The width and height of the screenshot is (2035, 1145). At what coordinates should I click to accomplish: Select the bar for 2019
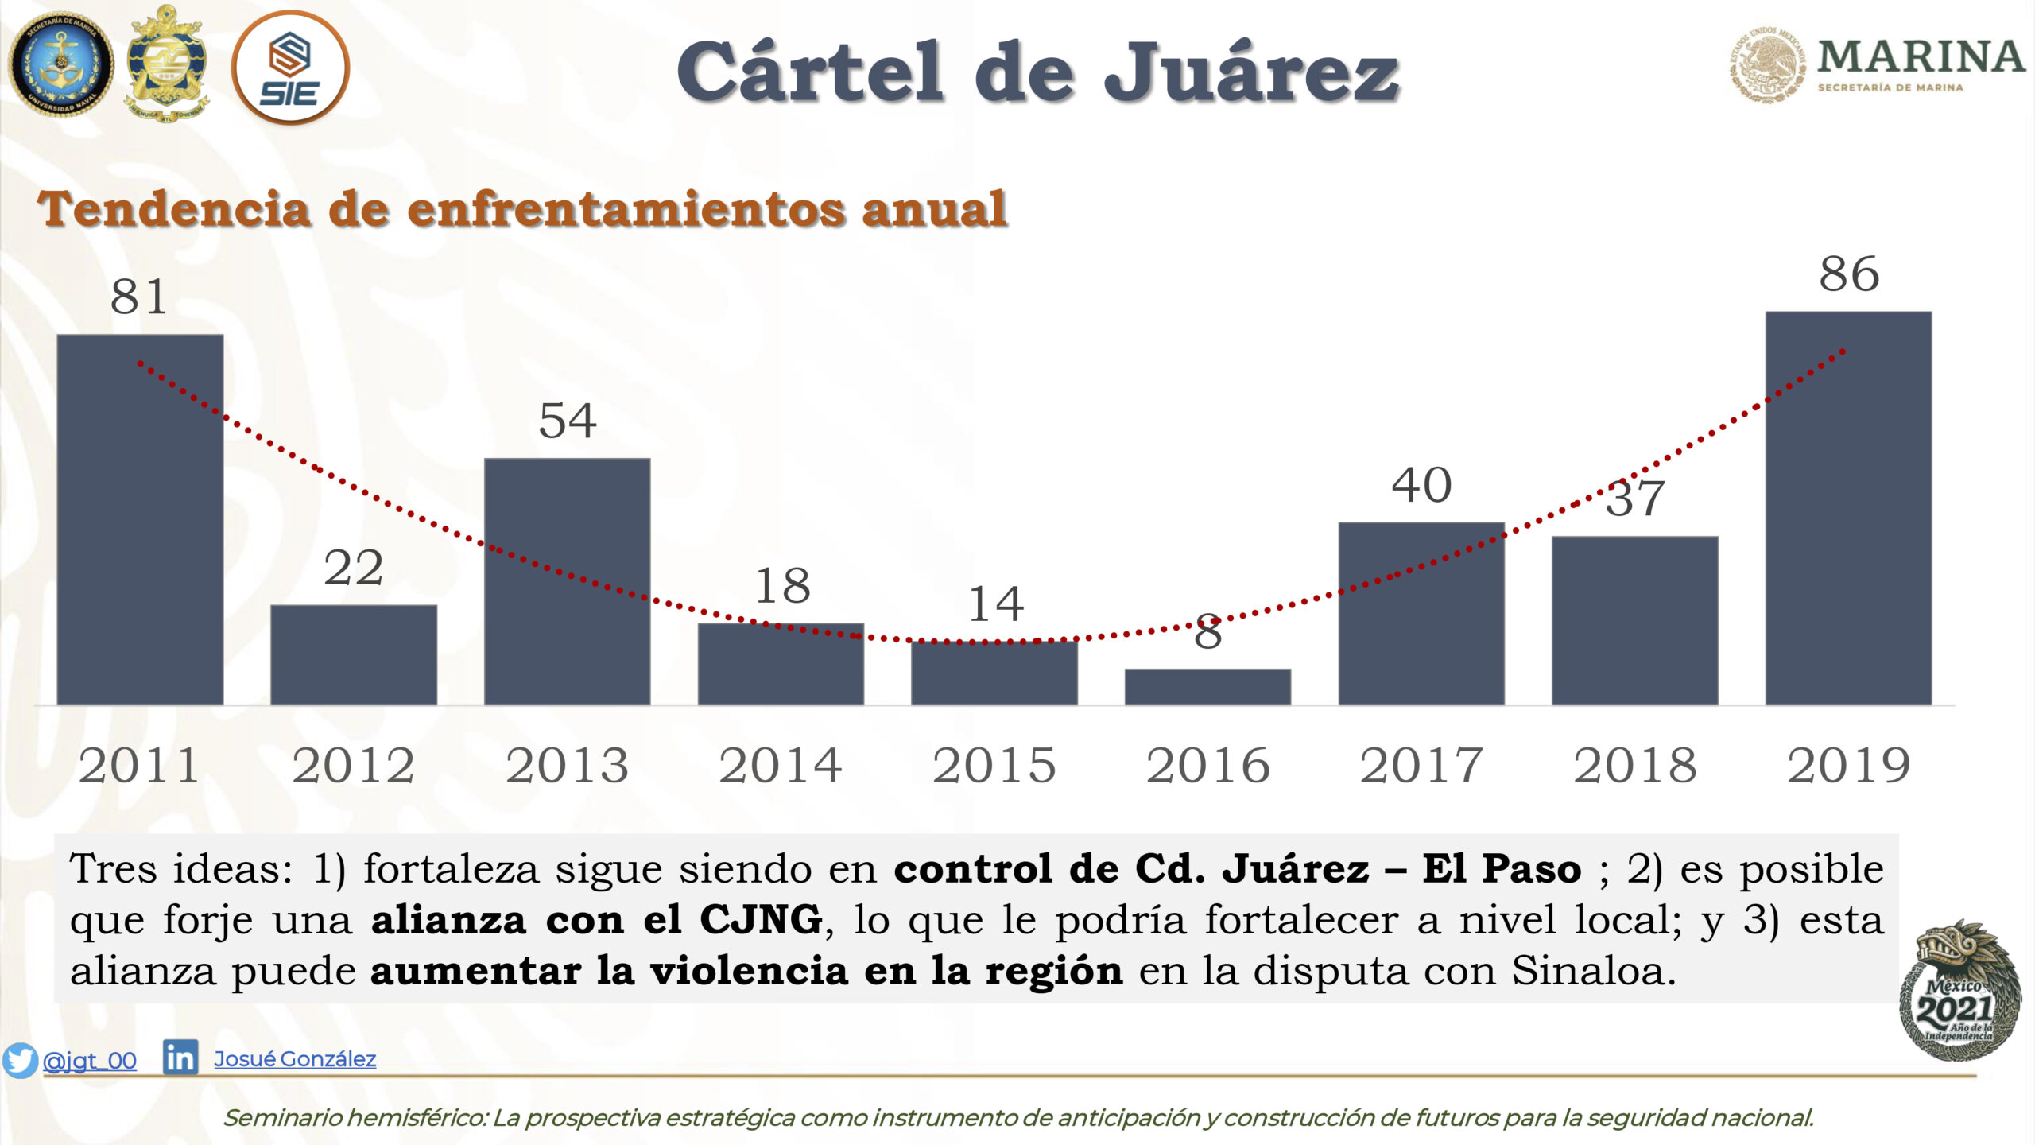tap(1848, 508)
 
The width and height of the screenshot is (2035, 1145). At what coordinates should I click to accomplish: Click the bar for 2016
tap(1207, 687)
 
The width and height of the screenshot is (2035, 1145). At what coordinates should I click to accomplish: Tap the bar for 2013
tap(567, 581)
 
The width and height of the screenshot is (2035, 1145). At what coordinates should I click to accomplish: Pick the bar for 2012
tap(354, 655)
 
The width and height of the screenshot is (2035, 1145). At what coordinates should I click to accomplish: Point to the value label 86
tap(1849, 274)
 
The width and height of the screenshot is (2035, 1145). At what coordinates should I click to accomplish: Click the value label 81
tap(139, 297)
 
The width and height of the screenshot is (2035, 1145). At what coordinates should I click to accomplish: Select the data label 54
tap(567, 421)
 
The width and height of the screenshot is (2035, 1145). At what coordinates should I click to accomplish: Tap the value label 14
tap(995, 604)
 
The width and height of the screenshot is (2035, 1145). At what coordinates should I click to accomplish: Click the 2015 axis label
tap(994, 766)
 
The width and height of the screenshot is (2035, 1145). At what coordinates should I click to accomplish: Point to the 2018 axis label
tap(1635, 766)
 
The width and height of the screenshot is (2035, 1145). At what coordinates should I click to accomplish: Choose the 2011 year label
tap(139, 766)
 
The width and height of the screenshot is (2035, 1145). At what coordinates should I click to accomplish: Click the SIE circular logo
tap(290, 68)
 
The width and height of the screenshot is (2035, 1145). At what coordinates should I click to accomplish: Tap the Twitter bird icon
tap(20, 1060)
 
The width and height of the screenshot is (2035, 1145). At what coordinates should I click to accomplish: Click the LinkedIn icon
tap(180, 1058)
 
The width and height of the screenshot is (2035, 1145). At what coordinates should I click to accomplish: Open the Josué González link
tap(295, 1059)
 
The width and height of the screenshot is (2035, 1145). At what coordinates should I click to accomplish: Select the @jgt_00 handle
tap(89, 1061)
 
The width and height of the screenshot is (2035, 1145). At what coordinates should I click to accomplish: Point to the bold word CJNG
tap(761, 920)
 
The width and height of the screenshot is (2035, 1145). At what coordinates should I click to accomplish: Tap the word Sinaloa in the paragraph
tap(1593, 971)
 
